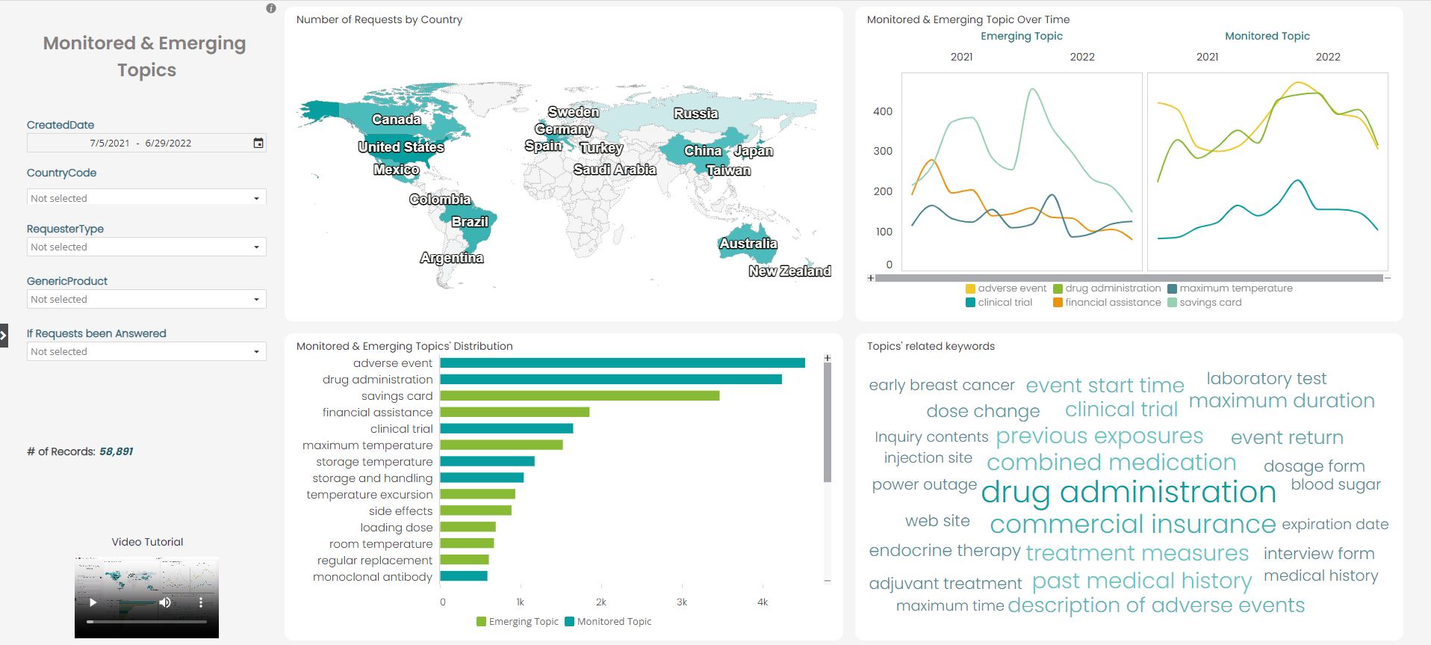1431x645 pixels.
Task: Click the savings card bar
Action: (x=579, y=396)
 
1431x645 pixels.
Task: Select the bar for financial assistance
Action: (x=514, y=413)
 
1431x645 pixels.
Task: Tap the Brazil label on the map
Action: (x=470, y=222)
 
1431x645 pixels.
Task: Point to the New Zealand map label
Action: (x=789, y=271)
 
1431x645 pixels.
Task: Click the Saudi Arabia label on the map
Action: (x=615, y=170)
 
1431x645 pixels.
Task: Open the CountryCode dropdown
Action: (x=146, y=198)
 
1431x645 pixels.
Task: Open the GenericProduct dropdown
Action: (x=146, y=299)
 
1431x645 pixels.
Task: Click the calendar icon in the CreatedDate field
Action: (x=258, y=143)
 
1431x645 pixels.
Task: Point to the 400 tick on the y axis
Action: (x=883, y=111)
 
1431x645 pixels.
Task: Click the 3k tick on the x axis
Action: (x=681, y=602)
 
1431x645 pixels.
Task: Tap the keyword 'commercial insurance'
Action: (x=1132, y=524)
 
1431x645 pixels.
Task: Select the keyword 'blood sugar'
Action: (x=1335, y=484)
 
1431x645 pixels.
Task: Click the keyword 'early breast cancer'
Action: (x=941, y=385)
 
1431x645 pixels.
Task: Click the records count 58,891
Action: (x=116, y=451)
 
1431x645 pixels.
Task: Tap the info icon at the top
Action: (x=271, y=8)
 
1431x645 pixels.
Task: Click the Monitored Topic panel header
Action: (x=1267, y=36)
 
